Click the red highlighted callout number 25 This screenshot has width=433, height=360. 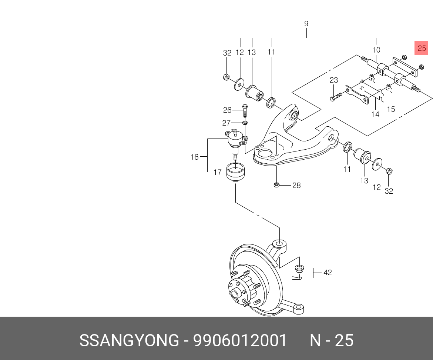tap(422, 49)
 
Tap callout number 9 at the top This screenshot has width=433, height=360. tap(306, 24)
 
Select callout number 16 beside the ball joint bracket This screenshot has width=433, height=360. tap(195, 157)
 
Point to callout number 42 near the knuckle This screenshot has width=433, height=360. tap(327, 273)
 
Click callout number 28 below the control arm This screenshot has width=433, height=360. tap(296, 186)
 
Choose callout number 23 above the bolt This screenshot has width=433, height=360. tap(333, 80)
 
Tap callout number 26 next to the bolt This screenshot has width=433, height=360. tap(227, 110)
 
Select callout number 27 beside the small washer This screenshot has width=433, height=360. tap(226, 123)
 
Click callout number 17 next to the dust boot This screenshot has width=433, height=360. tap(218, 172)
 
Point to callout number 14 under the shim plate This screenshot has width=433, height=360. tap(375, 114)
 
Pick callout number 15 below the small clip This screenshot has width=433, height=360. tap(391, 109)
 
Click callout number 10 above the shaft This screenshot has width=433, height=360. tap(376, 50)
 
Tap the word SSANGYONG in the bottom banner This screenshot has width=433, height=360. tap(129, 340)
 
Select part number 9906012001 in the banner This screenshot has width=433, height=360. tap(240, 340)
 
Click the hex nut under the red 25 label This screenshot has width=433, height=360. tap(422, 67)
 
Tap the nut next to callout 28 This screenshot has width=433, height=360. tap(276, 184)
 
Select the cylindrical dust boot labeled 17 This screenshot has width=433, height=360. tap(235, 172)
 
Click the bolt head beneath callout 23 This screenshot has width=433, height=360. tap(332, 99)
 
